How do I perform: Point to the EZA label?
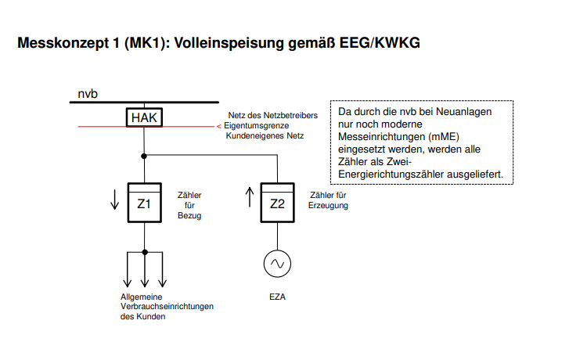click(277, 297)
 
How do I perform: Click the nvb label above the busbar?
click(88, 94)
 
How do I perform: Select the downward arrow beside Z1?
click(114, 200)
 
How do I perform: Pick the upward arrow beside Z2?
click(250, 197)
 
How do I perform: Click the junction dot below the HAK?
click(144, 156)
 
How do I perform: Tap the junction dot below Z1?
click(145, 252)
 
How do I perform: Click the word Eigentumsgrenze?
click(257, 126)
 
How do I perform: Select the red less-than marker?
click(218, 127)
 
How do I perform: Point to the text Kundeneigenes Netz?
click(265, 136)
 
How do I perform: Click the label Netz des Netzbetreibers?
click(273, 115)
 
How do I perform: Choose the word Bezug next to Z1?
click(189, 215)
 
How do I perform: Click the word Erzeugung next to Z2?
click(328, 206)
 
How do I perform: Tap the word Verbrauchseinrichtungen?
click(167, 307)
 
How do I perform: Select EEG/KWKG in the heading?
click(380, 43)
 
